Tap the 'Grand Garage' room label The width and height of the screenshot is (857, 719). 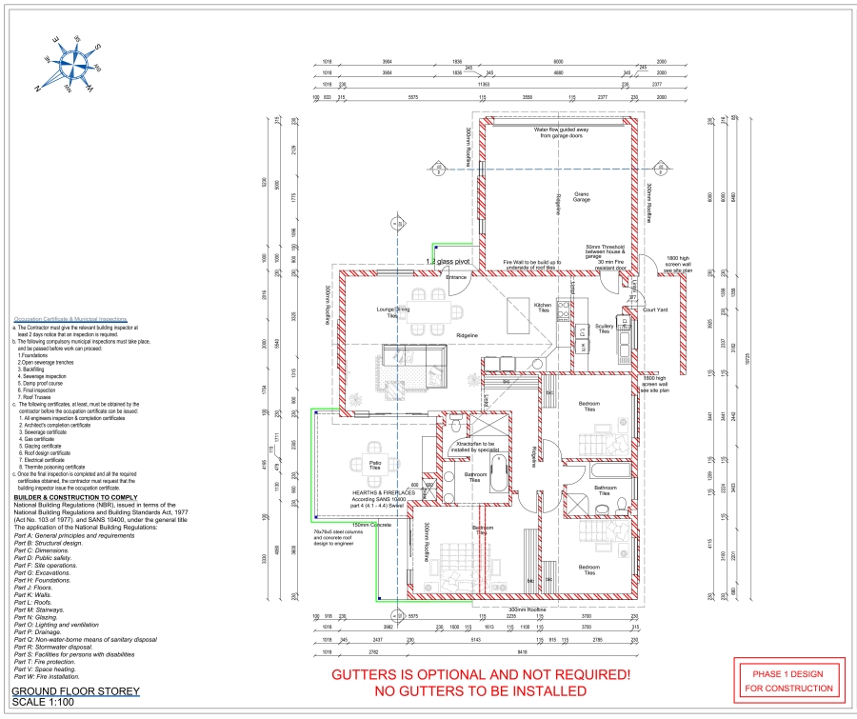coord(581,197)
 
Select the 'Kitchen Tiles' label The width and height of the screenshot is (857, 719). coord(543,308)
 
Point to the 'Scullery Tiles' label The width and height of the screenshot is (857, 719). coord(604,329)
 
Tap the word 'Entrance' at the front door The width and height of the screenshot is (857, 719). coord(457,277)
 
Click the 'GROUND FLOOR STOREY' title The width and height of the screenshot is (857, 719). coord(75,690)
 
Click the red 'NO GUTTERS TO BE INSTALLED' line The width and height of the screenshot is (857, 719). coord(480,690)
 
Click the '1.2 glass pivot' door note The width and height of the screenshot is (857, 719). coord(449,260)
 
